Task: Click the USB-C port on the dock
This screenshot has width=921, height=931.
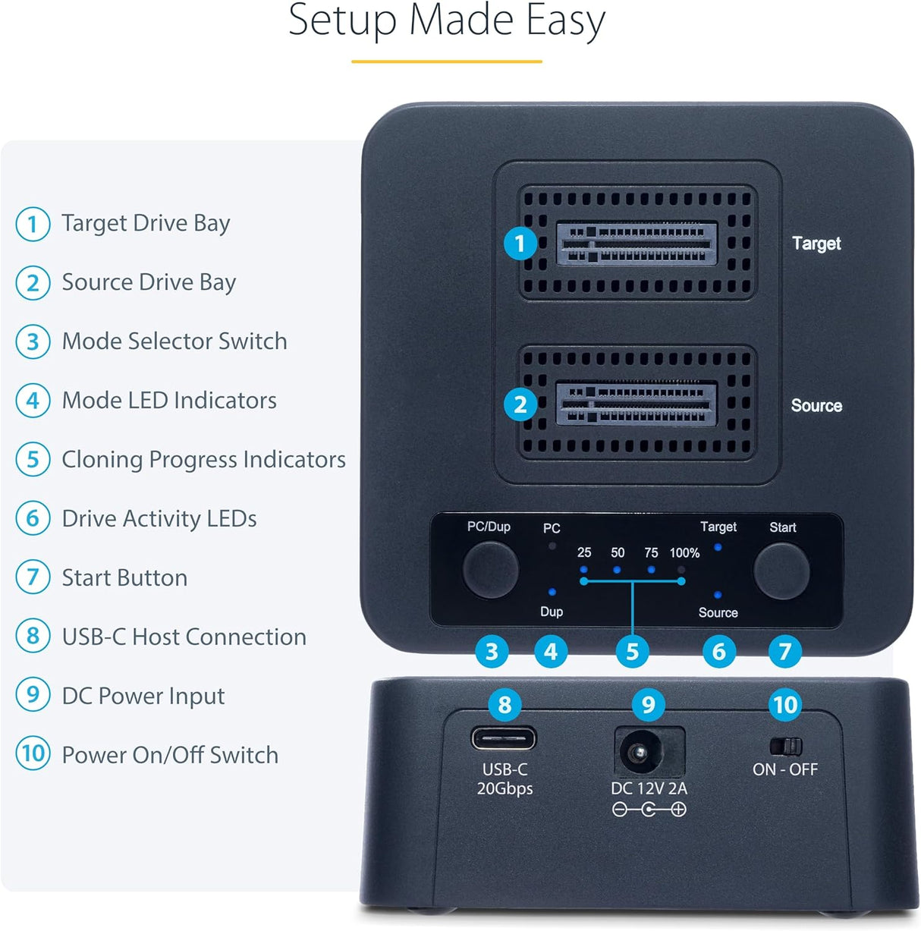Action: pyautogui.click(x=504, y=738)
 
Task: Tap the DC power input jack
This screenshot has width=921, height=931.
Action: pyautogui.click(x=636, y=753)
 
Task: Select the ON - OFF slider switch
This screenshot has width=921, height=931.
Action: pyautogui.click(x=785, y=746)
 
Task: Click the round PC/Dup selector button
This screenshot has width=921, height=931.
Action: pyautogui.click(x=490, y=569)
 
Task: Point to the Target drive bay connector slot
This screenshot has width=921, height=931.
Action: pyautogui.click(x=637, y=243)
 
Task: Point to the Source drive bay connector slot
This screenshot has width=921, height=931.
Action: pyautogui.click(x=637, y=404)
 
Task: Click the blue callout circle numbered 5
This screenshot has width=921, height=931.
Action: pyautogui.click(x=632, y=652)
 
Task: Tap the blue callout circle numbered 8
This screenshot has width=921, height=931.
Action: pyautogui.click(x=505, y=705)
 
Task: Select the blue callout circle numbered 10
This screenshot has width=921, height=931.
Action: pyautogui.click(x=785, y=705)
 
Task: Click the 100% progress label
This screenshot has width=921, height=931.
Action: pyautogui.click(x=684, y=553)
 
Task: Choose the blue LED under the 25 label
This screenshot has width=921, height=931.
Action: pyautogui.click(x=583, y=569)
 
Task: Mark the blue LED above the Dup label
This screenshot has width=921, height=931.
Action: pyautogui.click(x=552, y=592)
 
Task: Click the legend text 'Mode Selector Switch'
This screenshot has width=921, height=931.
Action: pyautogui.click(x=174, y=341)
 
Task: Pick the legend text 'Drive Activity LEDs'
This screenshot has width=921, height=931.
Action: pyautogui.click(x=159, y=519)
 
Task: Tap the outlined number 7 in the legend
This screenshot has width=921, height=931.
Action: pyautogui.click(x=33, y=577)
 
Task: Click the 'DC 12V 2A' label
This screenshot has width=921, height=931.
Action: pyautogui.click(x=649, y=789)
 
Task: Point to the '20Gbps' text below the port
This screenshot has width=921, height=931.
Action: pyautogui.click(x=505, y=789)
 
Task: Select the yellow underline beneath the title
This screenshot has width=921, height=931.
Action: pyautogui.click(x=447, y=61)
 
